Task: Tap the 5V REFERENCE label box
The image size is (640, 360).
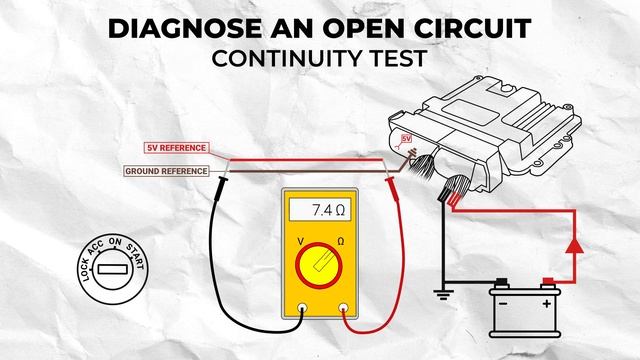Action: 177,148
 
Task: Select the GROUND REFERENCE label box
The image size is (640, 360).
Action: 166,171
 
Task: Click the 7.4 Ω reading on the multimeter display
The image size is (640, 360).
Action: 328,210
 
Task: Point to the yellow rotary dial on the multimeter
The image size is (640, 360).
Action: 319,265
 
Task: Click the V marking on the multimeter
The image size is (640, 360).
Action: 300,242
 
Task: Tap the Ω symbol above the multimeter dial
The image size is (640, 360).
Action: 340,242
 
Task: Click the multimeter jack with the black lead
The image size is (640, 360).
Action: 302,308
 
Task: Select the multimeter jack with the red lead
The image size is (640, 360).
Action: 344,308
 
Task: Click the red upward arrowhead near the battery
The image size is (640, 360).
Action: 575,246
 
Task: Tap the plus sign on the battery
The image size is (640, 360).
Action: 546,304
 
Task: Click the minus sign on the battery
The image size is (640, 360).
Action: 503,304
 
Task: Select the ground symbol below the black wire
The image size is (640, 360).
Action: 443,295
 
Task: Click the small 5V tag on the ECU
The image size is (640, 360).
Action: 406,139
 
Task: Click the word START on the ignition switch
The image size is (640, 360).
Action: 136,256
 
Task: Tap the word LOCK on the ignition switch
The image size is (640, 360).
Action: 84,270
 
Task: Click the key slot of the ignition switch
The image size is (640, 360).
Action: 112,269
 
